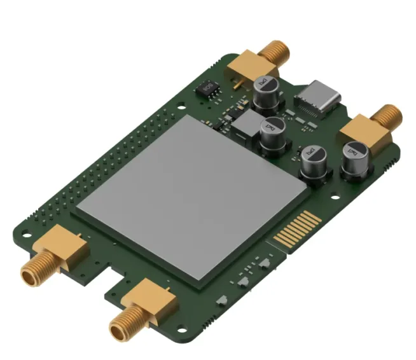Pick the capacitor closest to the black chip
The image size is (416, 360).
pyautogui.click(x=264, y=90)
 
